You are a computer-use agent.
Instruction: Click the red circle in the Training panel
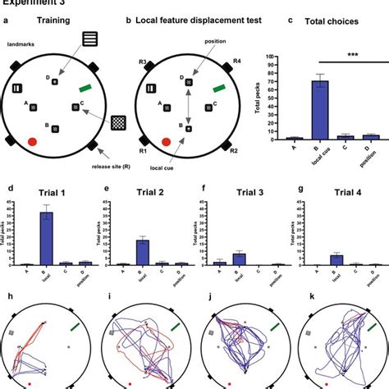point(33,141)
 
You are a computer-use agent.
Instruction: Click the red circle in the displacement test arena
point(167,141)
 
